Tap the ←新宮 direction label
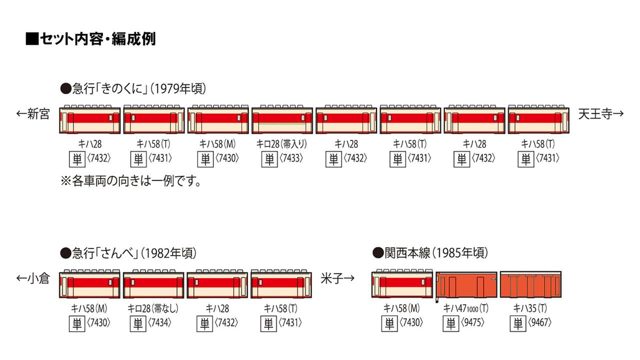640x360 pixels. tap(33, 114)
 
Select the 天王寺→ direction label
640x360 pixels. tap(601, 114)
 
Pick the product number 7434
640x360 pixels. tap(163, 323)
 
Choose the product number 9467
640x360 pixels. tap(540, 323)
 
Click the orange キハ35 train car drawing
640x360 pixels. tap(530, 284)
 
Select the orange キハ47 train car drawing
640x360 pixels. tap(467, 284)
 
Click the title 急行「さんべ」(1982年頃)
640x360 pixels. tap(128, 253)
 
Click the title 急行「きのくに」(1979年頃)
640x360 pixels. tap(133, 89)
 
